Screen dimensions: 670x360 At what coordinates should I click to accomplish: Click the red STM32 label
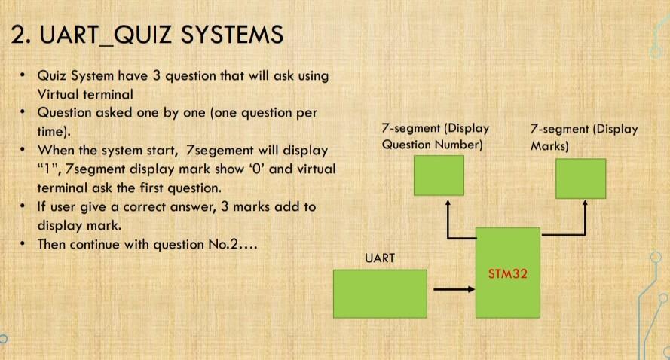(507, 273)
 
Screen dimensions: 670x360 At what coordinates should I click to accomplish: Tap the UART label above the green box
(380, 258)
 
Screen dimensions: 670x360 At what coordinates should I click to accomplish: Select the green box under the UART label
(380, 294)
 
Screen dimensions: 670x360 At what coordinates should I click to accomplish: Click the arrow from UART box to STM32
(454, 289)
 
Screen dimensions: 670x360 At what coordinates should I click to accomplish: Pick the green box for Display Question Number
(439, 175)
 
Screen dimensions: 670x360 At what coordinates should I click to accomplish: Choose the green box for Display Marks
(581, 178)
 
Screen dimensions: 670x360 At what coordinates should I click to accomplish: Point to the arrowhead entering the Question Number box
(448, 203)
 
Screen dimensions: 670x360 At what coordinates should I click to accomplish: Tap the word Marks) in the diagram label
(549, 146)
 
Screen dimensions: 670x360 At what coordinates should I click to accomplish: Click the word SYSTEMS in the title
(232, 35)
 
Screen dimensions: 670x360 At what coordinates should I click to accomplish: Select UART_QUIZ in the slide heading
(106, 35)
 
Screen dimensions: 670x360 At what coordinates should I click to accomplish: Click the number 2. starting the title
(21, 35)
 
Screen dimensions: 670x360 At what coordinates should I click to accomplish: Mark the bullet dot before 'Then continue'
(23, 244)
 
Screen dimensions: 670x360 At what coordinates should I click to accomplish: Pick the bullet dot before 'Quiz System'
(23, 75)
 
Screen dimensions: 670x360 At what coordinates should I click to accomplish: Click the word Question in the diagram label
(406, 145)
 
